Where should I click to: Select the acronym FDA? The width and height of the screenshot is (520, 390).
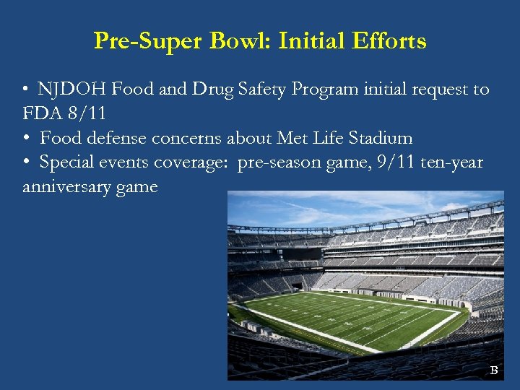(x=41, y=113)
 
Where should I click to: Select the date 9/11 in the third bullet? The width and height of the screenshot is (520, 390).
(x=376, y=162)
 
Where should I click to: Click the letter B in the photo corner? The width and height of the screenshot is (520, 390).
(x=494, y=370)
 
